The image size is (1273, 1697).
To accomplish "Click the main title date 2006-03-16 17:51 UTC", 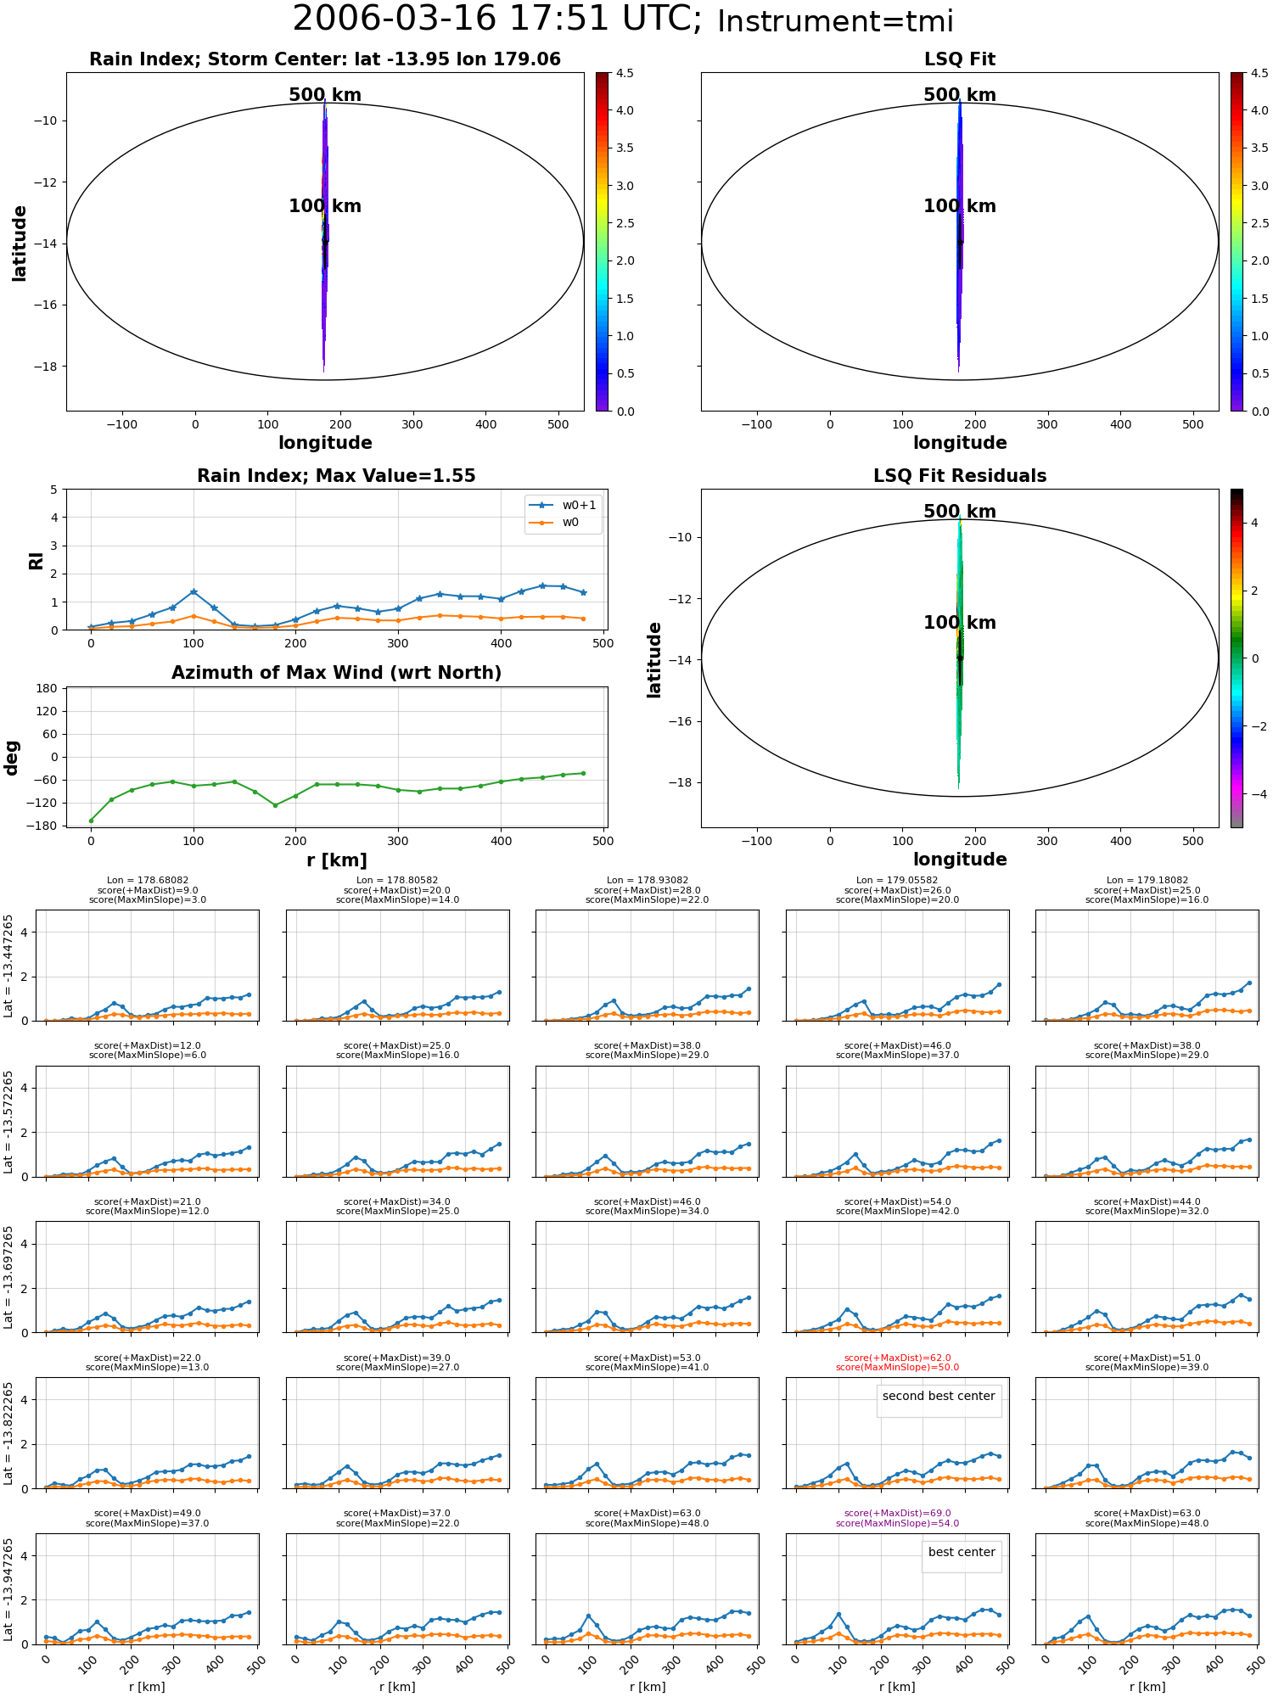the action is (497, 20).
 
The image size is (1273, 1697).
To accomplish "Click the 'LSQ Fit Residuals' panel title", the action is (960, 476).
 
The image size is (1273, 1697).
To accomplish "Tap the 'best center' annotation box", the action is (962, 1552).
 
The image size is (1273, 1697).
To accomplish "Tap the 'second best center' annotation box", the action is (939, 1396).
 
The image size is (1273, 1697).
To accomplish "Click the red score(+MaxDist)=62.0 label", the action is (897, 1358).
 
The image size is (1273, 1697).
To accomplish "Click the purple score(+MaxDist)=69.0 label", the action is (897, 1513).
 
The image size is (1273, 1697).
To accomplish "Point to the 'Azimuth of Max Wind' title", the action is (336, 673).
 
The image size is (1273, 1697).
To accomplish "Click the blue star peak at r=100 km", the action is (193, 591).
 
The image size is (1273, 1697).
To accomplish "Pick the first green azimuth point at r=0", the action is (91, 820).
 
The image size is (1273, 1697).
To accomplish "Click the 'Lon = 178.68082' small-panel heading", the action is (148, 881).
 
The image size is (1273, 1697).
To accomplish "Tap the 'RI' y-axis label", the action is (36, 560).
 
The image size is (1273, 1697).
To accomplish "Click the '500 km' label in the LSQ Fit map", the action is (960, 95).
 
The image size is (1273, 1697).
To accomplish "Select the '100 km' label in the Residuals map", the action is (960, 623).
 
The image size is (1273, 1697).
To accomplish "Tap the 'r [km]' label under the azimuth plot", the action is (337, 860).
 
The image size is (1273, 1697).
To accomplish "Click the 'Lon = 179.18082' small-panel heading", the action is (1147, 881).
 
